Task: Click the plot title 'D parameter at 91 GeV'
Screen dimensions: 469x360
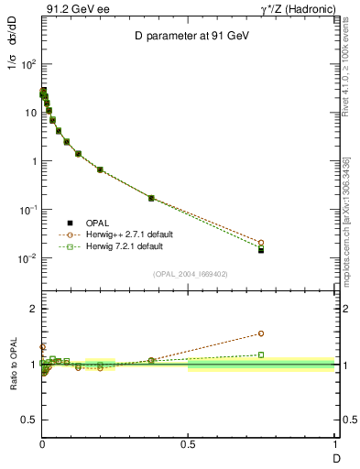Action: pos(188,36)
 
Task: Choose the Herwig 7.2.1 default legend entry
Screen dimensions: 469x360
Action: pos(125,246)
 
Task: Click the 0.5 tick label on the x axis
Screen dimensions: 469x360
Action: pos(188,444)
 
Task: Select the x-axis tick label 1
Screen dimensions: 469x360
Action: pos(335,444)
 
